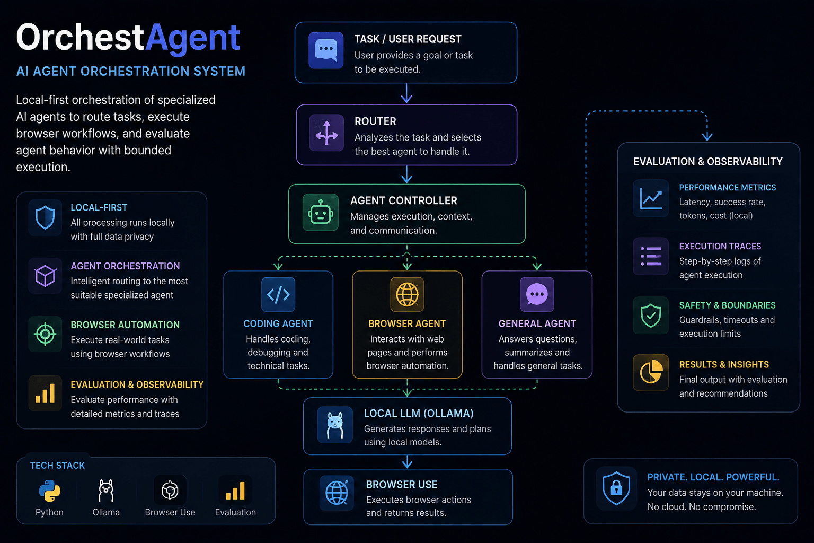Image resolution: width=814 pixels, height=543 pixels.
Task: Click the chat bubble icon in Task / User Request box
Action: (326, 50)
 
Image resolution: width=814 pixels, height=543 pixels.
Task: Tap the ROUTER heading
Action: (375, 121)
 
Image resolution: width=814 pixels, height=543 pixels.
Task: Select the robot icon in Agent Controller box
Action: (321, 213)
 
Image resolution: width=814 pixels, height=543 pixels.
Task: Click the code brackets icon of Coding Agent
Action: (278, 294)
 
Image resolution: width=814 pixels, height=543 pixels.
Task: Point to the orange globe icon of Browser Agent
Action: (407, 294)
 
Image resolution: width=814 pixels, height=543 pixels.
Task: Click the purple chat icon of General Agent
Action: (537, 294)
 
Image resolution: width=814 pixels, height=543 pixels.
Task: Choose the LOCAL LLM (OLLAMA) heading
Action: (419, 414)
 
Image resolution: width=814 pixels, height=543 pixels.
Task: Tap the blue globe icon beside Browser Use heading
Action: (337, 493)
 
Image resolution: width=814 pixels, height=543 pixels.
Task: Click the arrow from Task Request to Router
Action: (406, 93)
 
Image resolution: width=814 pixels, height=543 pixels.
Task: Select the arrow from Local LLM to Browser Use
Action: (408, 461)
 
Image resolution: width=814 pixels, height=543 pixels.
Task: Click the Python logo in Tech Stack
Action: (49, 491)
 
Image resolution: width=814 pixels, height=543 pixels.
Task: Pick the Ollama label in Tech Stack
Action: (106, 512)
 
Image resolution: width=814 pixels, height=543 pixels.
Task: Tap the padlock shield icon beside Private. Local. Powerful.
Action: (616, 488)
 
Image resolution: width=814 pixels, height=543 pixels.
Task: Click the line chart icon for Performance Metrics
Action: (651, 198)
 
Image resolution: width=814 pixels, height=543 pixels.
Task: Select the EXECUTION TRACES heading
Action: (720, 246)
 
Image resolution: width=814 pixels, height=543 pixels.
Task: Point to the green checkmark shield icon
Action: (651, 316)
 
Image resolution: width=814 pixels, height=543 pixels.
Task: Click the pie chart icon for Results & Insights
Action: (651, 372)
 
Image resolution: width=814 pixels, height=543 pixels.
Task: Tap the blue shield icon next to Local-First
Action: (45, 217)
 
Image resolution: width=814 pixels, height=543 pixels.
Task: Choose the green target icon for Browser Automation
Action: (45, 334)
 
